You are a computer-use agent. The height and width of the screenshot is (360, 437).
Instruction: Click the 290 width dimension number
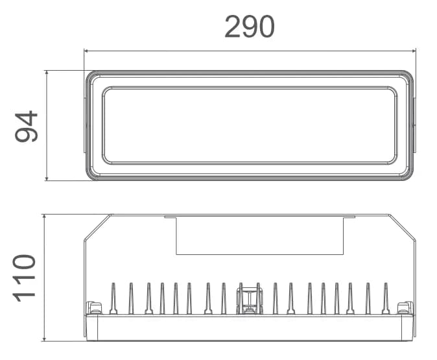pos(250,27)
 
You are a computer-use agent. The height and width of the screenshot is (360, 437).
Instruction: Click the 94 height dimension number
pos(26,126)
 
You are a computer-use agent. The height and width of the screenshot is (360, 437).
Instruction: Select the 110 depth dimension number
pos(24,278)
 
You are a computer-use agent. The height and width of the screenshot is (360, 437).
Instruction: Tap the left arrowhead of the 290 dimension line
pos(86,51)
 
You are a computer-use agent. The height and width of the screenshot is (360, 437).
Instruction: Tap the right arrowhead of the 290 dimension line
pos(414,51)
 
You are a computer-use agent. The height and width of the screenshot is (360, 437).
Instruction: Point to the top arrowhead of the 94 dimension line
pos(47,73)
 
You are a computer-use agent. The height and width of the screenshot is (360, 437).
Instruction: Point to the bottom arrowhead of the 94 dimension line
pos(47,178)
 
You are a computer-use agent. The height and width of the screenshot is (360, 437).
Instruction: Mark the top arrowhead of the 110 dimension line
pos(44,217)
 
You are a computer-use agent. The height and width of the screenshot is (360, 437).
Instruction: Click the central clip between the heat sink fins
pos(250,300)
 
